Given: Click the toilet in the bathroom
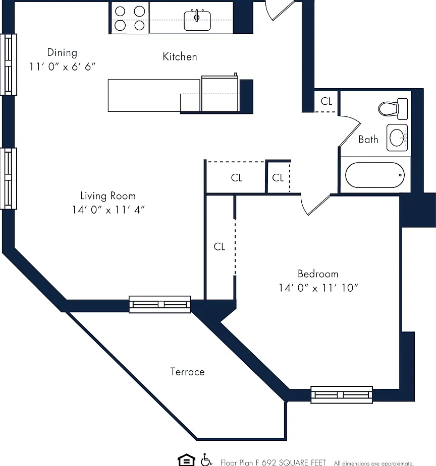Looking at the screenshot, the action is [393, 109].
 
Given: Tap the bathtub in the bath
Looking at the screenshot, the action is [375, 175].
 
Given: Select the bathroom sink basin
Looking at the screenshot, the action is [397, 138].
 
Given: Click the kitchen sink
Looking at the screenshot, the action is [197, 20].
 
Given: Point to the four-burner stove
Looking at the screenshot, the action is [130, 18].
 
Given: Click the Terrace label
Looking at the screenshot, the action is [187, 372].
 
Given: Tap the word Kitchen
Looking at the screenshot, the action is [180, 56].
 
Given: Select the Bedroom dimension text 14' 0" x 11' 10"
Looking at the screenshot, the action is [318, 288].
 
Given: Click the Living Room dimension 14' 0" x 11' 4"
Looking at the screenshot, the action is [108, 210].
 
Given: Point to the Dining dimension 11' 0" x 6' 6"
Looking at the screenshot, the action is [62, 66].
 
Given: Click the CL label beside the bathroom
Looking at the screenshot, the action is [326, 101].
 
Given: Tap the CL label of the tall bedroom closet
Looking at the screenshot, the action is [220, 247].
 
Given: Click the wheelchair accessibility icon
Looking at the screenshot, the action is [206, 460].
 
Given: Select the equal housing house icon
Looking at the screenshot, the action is [186, 460].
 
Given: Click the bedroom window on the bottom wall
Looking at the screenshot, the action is [342, 394].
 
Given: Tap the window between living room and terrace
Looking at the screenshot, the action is [160, 304].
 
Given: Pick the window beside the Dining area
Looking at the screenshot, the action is [9, 64].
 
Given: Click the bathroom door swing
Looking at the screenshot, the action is [350, 131].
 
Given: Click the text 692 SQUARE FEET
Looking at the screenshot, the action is [294, 462].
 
